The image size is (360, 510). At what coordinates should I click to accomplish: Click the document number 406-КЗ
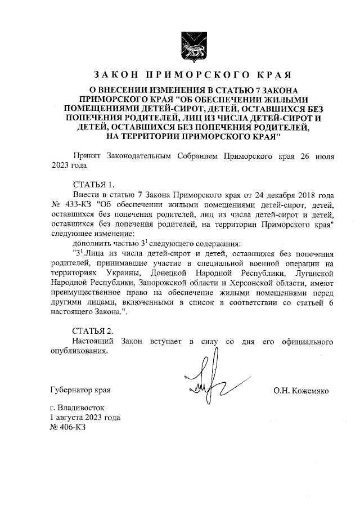click(x=67, y=427)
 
